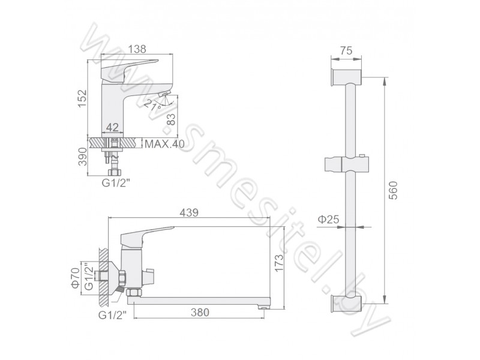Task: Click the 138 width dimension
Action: [137, 49]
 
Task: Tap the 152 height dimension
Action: [82, 98]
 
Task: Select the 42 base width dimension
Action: [112, 127]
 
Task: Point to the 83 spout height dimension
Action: [172, 119]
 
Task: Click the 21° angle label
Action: [153, 105]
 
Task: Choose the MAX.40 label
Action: [164, 143]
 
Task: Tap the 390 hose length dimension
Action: [82, 157]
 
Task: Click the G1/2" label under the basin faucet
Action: [116, 183]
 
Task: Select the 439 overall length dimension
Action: [189, 212]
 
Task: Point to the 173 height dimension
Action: [279, 263]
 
